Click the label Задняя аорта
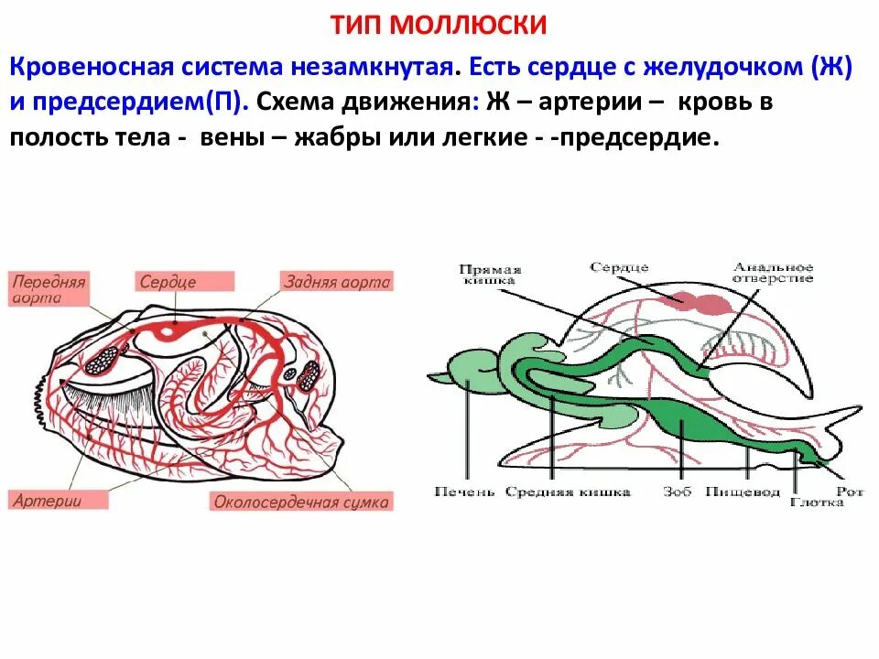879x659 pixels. pos(337,283)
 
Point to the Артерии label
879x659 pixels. pos(48,501)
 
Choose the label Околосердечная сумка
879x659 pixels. pos(301,502)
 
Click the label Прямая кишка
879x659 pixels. pos(490,275)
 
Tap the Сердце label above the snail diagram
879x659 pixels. pos(619,267)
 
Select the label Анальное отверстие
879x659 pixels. pos(772,272)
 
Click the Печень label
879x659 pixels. pos(465,492)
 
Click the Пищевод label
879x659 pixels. pos(743,492)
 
